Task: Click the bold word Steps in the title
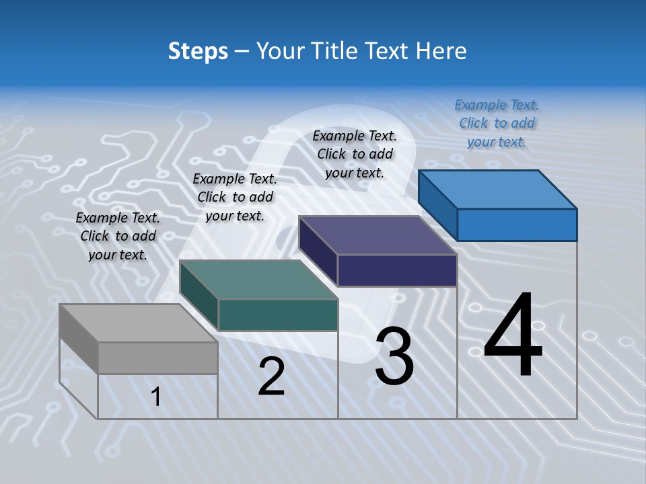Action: coord(198,51)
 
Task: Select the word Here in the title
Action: coord(442,51)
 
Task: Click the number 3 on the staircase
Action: coord(394,356)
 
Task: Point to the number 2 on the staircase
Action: coord(271,376)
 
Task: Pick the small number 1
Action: coord(156,397)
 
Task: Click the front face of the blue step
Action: coord(517,225)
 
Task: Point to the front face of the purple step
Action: coord(397,270)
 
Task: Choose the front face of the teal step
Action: coord(277,315)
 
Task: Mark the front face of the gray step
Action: coord(157,358)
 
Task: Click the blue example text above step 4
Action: coord(497,123)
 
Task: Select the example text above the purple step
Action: coord(355,154)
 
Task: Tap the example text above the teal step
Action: coord(235,197)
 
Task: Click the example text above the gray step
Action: coord(118,236)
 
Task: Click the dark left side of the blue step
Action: coord(437,204)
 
